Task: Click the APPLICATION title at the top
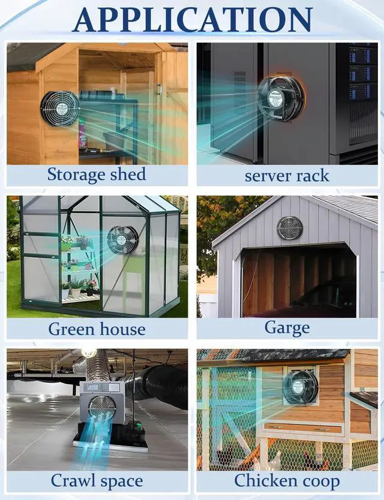coord(192,19)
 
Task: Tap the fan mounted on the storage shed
coord(60,108)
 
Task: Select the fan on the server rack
coord(280,98)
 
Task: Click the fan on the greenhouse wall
coord(122,239)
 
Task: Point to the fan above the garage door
coord(290,228)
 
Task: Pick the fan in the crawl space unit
coord(102,408)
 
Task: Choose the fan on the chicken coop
coord(301,387)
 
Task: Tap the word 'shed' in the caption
coord(127,174)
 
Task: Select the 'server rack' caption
coord(287,176)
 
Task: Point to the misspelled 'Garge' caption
coord(287,328)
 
